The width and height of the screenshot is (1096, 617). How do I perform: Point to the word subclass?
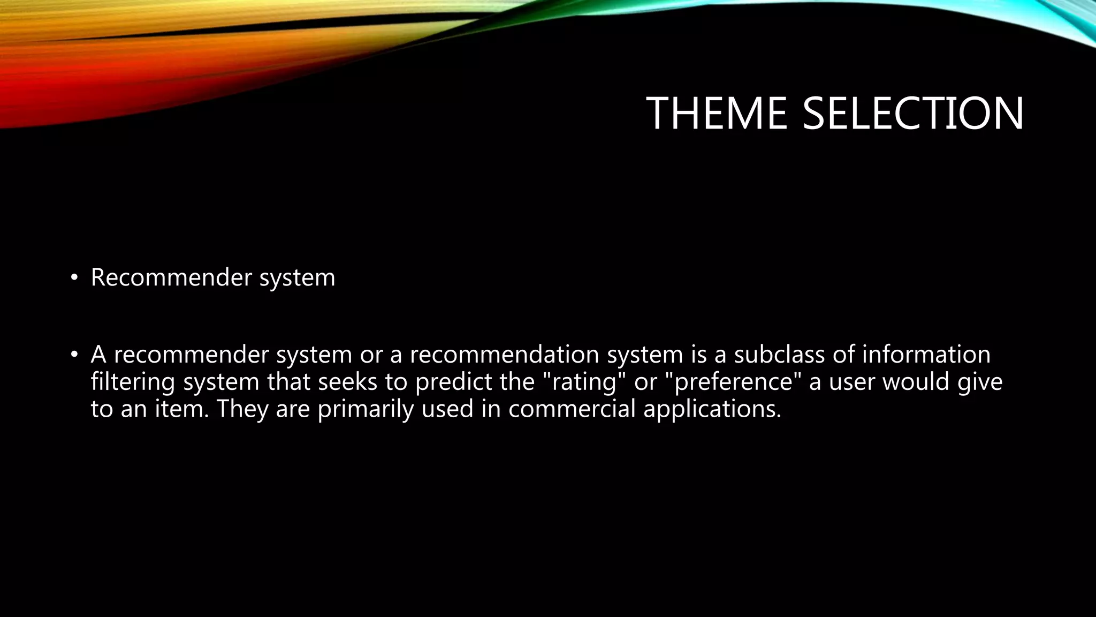[x=779, y=355]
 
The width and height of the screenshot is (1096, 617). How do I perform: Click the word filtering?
[x=133, y=382]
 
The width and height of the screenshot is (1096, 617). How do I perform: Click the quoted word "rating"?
[x=584, y=382]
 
